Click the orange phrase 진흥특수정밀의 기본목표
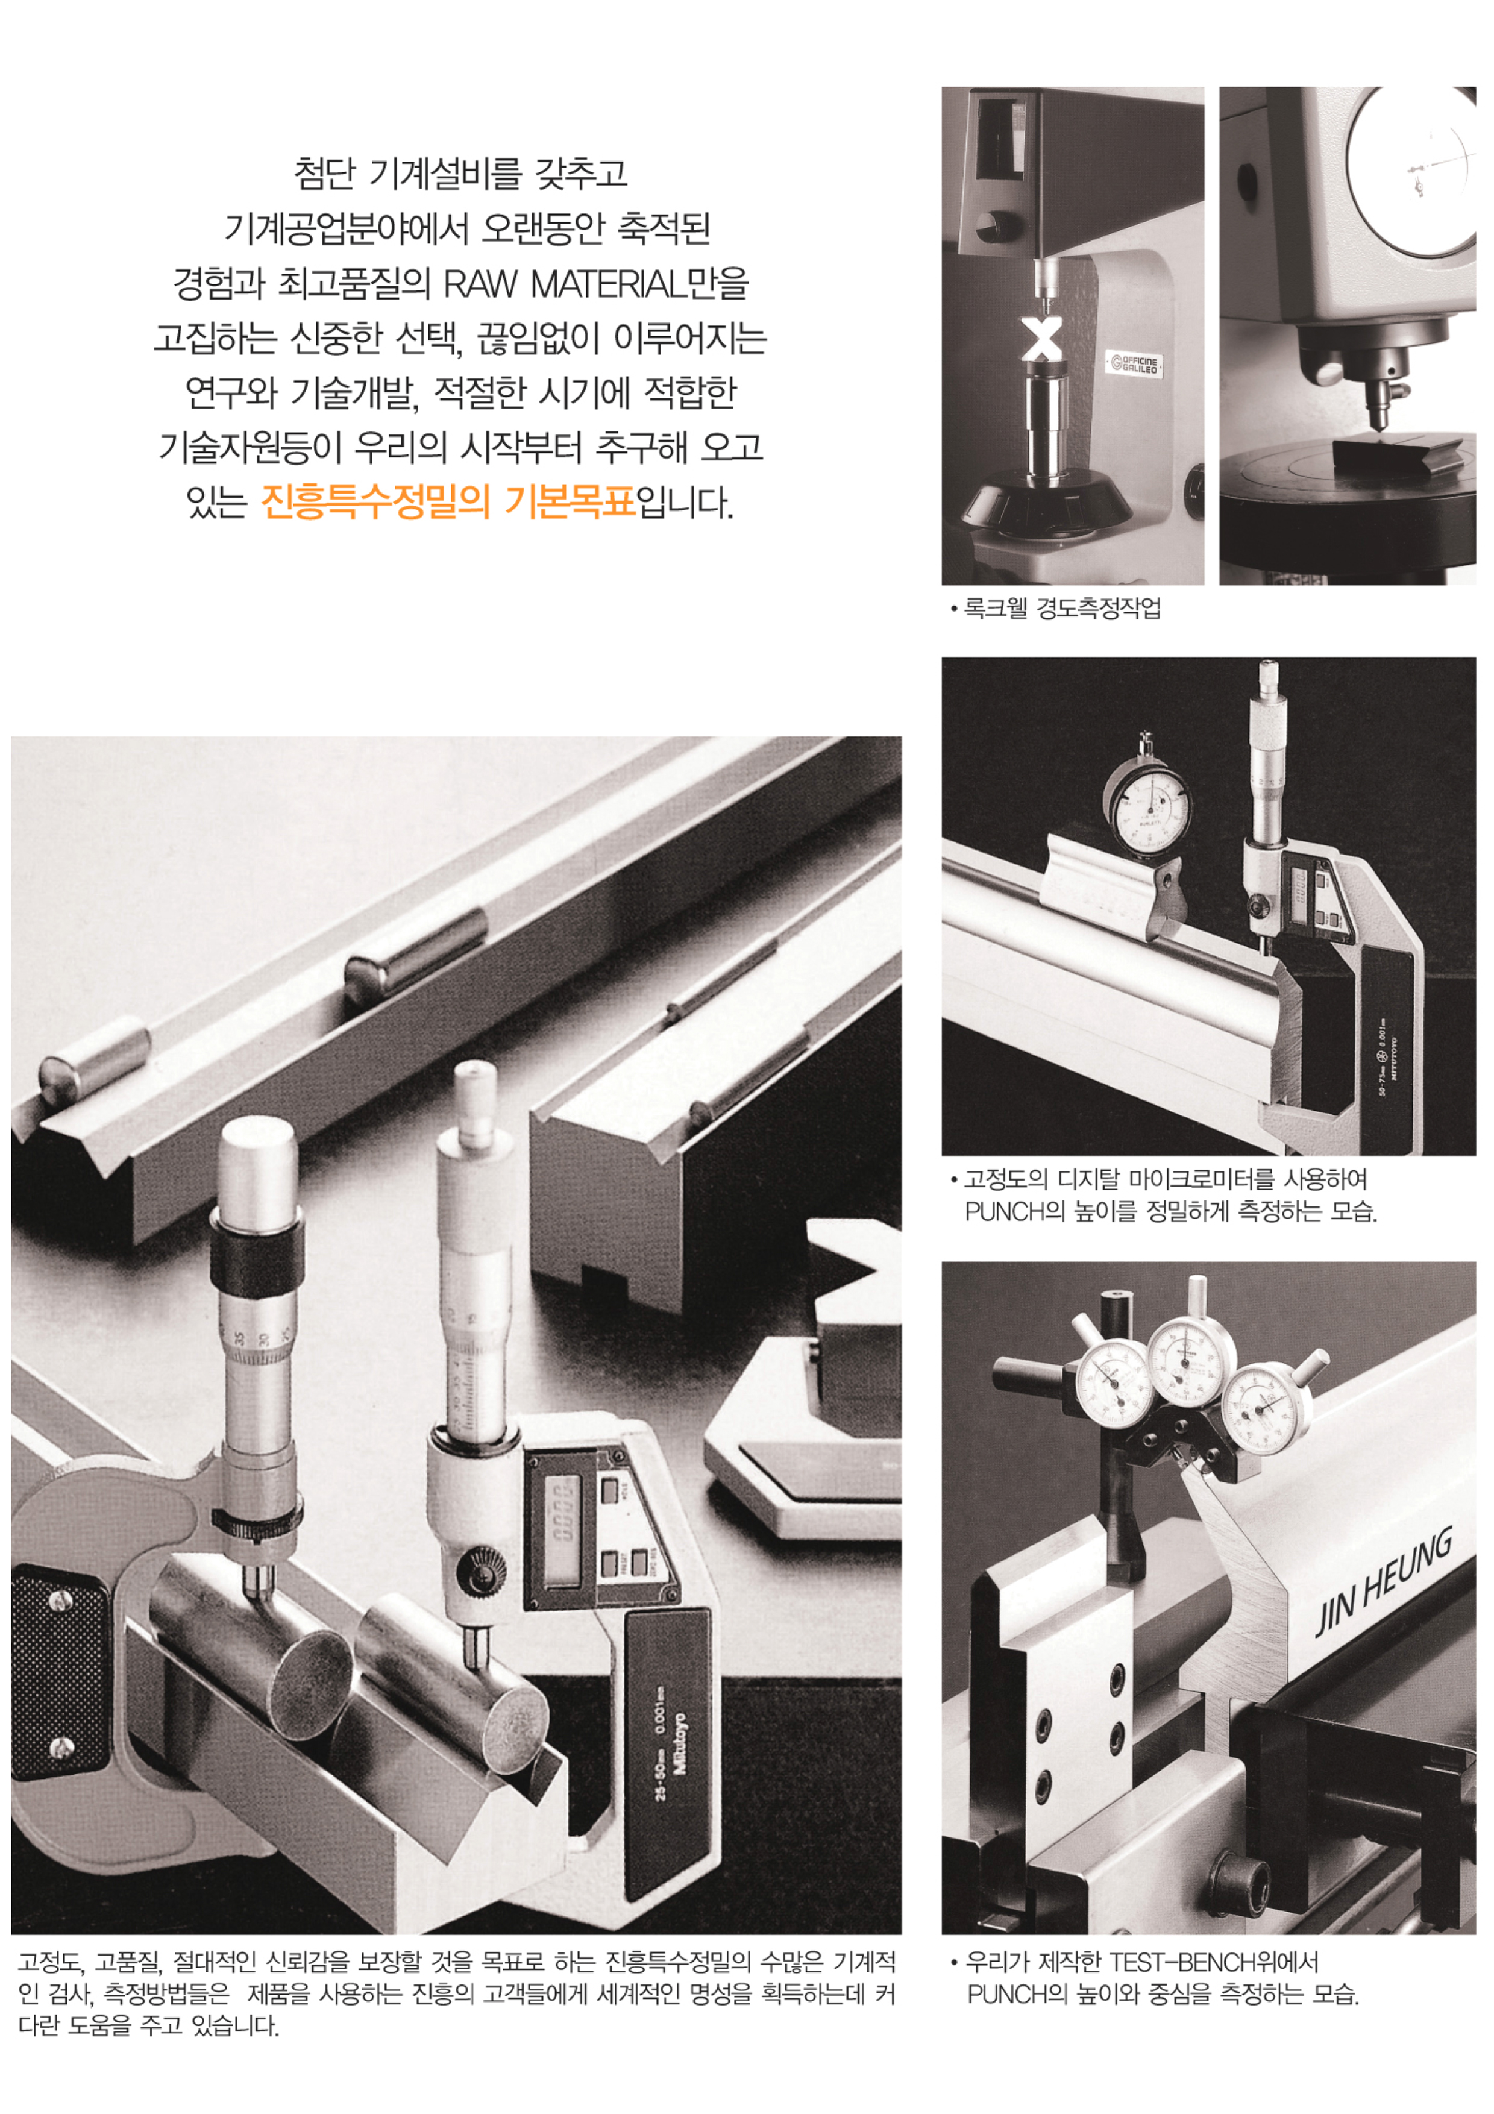coord(448,503)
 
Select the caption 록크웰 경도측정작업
coord(1061,609)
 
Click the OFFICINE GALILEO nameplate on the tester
coord(1134,364)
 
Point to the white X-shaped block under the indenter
coord(1042,339)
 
